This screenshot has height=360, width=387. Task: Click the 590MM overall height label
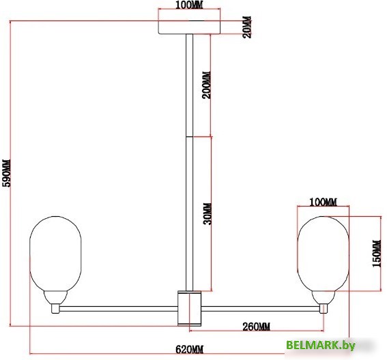coord(7,173)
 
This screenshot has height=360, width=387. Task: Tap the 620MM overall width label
coord(190,350)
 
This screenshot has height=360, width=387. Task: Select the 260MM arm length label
coord(256,327)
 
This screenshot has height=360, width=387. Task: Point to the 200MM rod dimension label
coord(207,85)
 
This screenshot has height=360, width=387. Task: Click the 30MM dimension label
coord(207,214)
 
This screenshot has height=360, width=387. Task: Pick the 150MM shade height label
coord(377,254)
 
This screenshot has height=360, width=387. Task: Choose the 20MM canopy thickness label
coord(247,27)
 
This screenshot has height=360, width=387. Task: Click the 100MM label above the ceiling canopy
coord(189,5)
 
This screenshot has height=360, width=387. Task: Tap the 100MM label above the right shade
coord(323,202)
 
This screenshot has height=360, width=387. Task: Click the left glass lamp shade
coord(55,254)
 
